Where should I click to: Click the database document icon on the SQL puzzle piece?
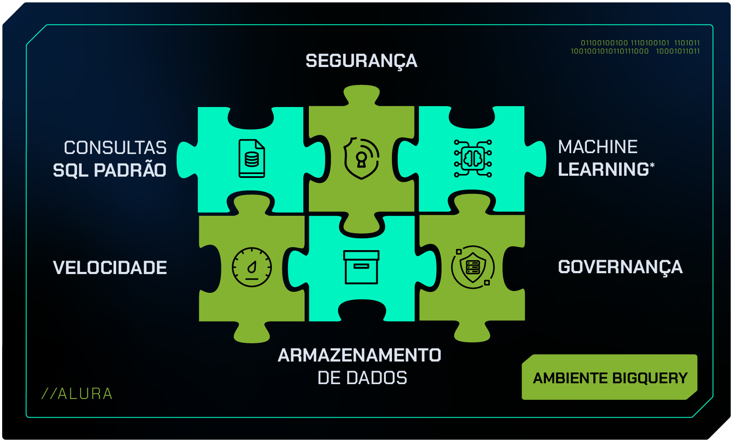pyautogui.click(x=251, y=158)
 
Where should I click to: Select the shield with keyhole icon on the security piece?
pyautogui.click(x=361, y=158)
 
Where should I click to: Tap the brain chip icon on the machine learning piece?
pyautogui.click(x=473, y=158)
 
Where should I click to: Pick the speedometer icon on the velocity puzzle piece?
pyautogui.click(x=251, y=267)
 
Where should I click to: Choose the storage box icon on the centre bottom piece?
pyautogui.click(x=361, y=267)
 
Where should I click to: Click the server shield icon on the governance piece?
pyautogui.click(x=473, y=267)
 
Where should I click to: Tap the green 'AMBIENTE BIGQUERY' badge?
pyautogui.click(x=609, y=377)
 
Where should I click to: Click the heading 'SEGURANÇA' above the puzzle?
pyautogui.click(x=361, y=61)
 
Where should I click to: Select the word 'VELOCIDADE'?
pyautogui.click(x=110, y=268)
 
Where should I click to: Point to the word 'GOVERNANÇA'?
pyautogui.click(x=620, y=268)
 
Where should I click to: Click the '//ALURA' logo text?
pyautogui.click(x=77, y=394)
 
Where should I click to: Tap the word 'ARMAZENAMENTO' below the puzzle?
pyautogui.click(x=359, y=355)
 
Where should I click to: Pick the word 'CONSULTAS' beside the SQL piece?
pyautogui.click(x=115, y=147)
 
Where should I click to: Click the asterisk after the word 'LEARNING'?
pyautogui.click(x=652, y=165)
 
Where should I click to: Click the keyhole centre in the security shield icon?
pyautogui.click(x=361, y=157)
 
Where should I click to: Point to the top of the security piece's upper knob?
pyautogui.click(x=361, y=85)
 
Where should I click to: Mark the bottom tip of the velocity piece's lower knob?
pyautogui.click(x=251, y=343)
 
